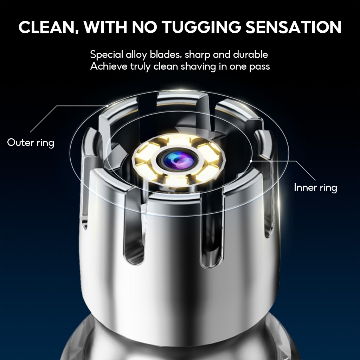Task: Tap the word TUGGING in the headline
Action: point(201,27)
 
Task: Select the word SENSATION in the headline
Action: point(294,27)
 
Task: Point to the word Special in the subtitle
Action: point(107,55)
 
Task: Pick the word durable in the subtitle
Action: point(250,54)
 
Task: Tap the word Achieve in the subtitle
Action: point(109,66)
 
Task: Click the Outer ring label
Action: point(31,143)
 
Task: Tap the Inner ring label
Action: point(315,188)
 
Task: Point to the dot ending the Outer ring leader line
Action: point(107,106)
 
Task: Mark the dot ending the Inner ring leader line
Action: point(251,161)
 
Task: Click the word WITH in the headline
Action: point(105,27)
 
